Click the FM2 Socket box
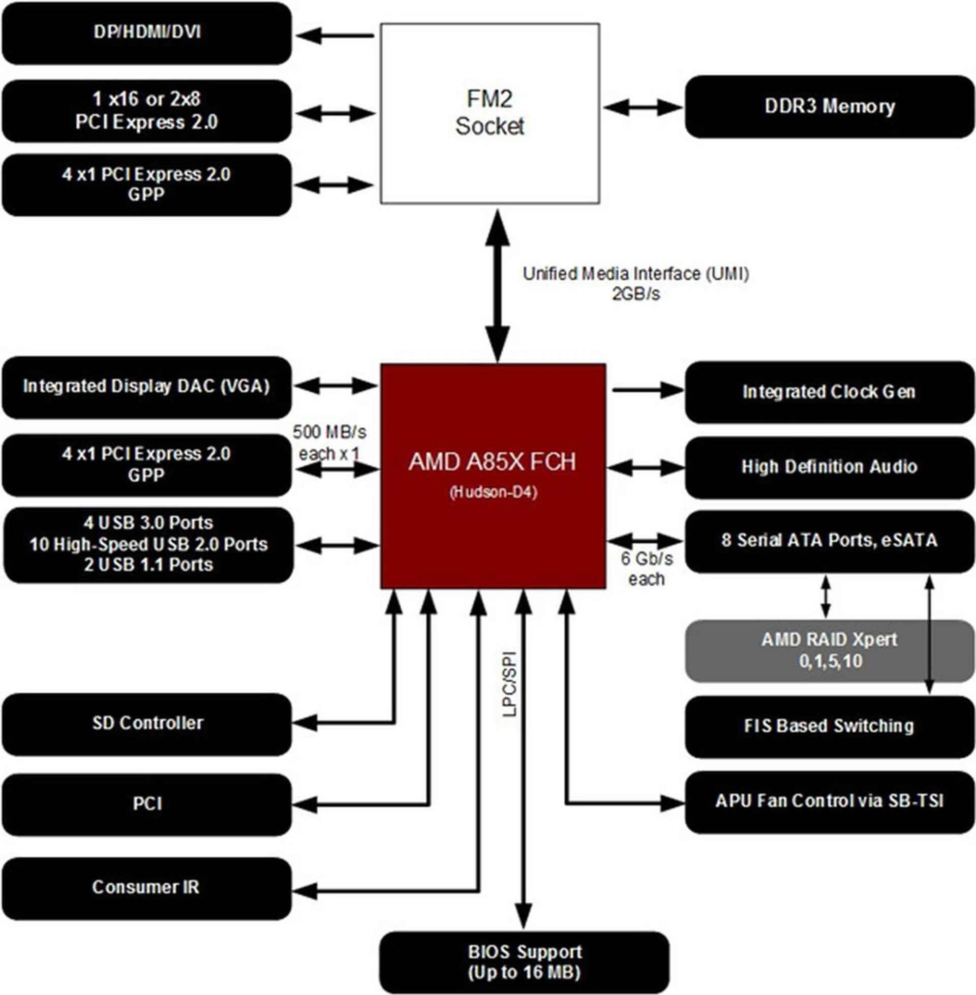pos(490,113)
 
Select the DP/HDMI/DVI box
pos(146,34)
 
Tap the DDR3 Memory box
pos(829,107)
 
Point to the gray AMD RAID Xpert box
pos(829,650)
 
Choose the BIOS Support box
pos(524,962)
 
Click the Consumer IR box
pos(146,887)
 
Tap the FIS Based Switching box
pos(829,726)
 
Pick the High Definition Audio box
pos(829,467)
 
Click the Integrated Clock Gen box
pos(829,392)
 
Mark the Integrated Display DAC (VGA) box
pos(146,387)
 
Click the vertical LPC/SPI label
pos(509,684)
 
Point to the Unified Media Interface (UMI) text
pos(635,273)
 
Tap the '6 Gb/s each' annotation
pos(647,569)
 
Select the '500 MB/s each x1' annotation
pos(329,443)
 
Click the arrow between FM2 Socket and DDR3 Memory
pos(643,108)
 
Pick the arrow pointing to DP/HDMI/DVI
pos(335,36)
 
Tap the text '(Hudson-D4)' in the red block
pos(493,493)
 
